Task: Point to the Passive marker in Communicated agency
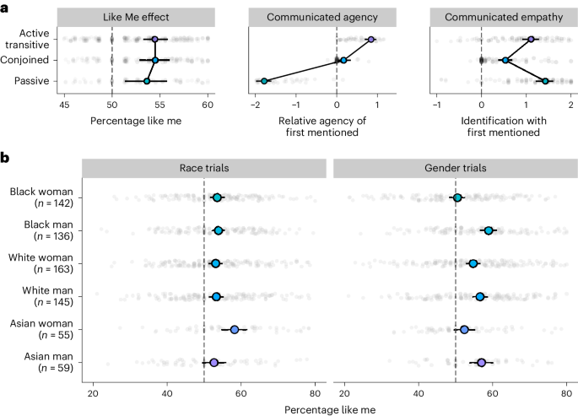(264, 81)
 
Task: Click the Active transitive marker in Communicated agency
(370, 40)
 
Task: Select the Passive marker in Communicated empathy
(545, 81)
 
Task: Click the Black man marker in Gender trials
(489, 230)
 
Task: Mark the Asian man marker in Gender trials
(481, 362)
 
